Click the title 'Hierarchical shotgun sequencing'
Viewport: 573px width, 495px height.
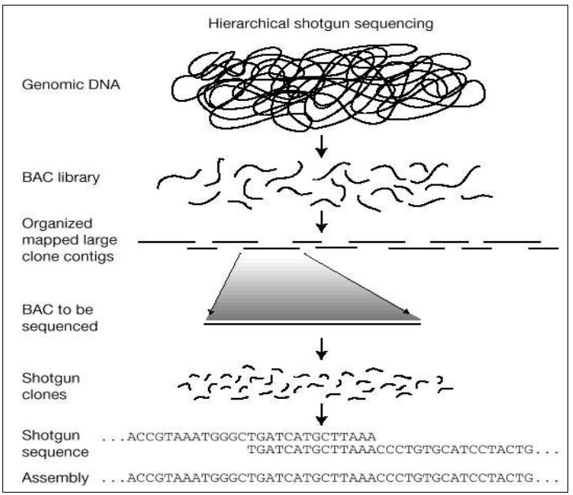tap(321, 24)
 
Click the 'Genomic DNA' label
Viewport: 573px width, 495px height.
tap(71, 84)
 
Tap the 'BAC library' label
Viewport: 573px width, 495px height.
tap(61, 177)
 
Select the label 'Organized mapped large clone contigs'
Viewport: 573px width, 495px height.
tap(69, 240)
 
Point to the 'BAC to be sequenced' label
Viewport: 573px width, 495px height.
tap(60, 318)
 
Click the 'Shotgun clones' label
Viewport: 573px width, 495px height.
tap(50, 386)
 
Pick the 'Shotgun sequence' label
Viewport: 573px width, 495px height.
tap(55, 444)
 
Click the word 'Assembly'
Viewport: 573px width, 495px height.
tap(55, 478)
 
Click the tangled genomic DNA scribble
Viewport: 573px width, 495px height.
tap(328, 87)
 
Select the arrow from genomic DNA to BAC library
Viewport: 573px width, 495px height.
tap(322, 147)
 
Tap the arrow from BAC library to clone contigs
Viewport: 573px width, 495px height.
tap(322, 221)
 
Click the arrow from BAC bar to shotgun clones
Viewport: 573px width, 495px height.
tap(322, 349)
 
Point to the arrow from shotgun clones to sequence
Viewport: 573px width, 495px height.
tap(322, 415)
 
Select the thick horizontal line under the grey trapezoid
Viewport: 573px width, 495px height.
tap(312, 323)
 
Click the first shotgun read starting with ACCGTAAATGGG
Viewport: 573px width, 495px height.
tap(238, 437)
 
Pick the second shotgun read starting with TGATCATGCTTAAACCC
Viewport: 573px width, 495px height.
tap(403, 449)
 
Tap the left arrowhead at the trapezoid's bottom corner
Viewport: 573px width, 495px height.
tap(210, 312)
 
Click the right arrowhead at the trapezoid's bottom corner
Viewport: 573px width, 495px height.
tap(407, 311)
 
